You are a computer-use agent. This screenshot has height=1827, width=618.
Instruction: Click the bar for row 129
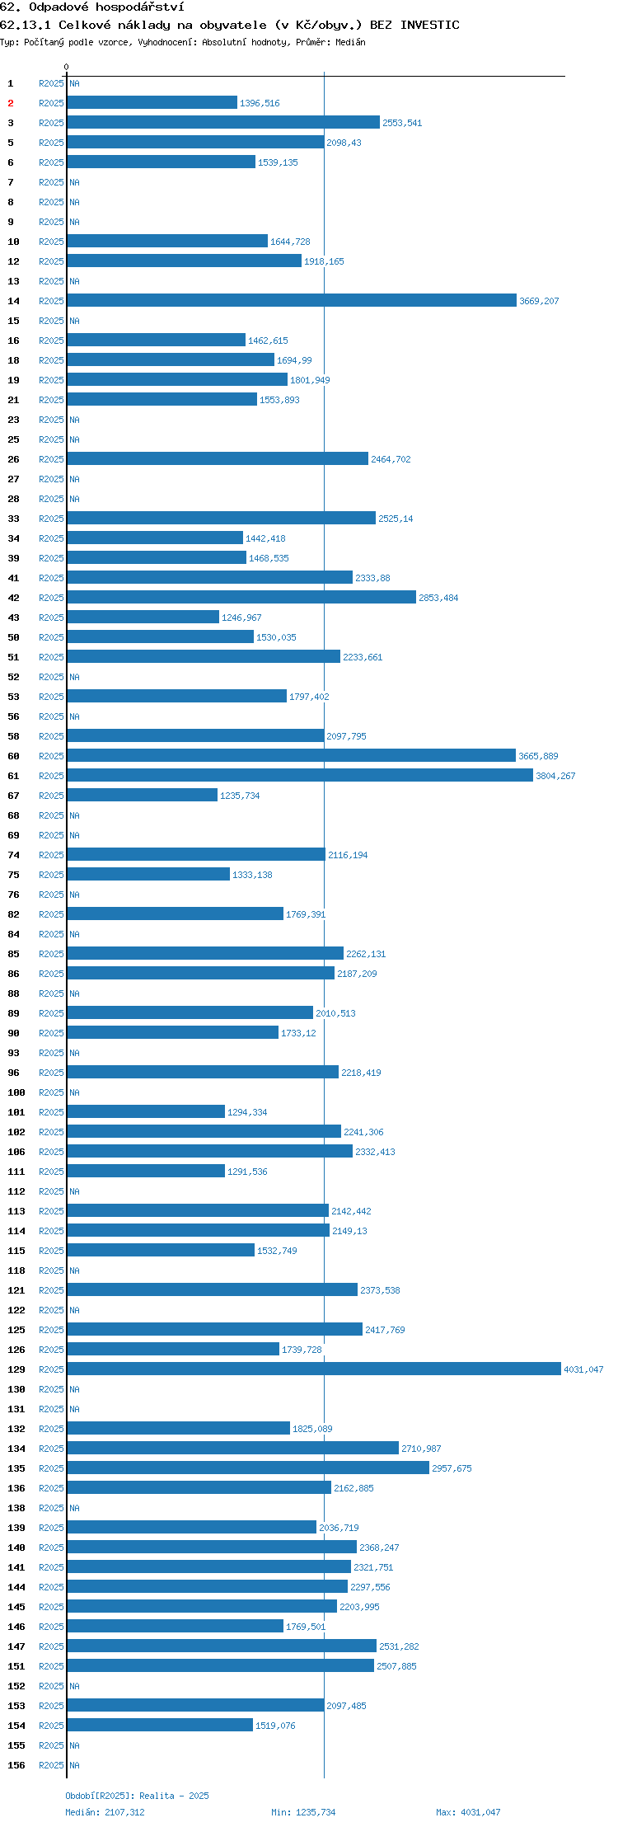pyautogui.click(x=314, y=1369)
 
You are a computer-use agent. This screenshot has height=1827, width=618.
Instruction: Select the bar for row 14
pyautogui.click(x=292, y=300)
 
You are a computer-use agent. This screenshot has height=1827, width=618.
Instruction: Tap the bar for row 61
pyautogui.click(x=300, y=775)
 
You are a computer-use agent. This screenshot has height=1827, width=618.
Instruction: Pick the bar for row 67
pyautogui.click(x=143, y=795)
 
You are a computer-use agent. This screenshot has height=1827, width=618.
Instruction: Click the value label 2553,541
pyautogui.click(x=402, y=123)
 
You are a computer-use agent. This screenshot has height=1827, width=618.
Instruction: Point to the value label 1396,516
pyautogui.click(x=260, y=103)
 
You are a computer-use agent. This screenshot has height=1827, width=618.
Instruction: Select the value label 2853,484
pyautogui.click(x=438, y=598)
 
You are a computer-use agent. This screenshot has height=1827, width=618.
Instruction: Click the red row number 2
pyautogui.click(x=11, y=103)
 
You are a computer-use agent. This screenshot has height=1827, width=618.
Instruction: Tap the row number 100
pyautogui.click(x=16, y=1092)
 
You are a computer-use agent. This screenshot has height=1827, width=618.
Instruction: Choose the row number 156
pyautogui.click(x=16, y=1765)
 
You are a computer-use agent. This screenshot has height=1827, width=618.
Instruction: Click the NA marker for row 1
pyautogui.click(x=74, y=83)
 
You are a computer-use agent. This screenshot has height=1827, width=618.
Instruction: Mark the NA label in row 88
pyautogui.click(x=74, y=993)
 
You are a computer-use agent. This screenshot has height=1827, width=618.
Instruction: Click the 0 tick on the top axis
pyautogui.click(x=67, y=67)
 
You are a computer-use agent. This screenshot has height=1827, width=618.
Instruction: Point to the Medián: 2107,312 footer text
pyautogui.click(x=105, y=1812)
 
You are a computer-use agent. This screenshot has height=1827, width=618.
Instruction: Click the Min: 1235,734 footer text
pyautogui.click(x=303, y=1812)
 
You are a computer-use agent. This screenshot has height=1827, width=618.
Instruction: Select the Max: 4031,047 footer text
pyautogui.click(x=468, y=1812)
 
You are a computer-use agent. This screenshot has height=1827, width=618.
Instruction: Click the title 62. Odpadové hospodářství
pyautogui.click(x=92, y=7)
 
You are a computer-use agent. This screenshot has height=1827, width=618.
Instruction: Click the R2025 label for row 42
pyautogui.click(x=51, y=598)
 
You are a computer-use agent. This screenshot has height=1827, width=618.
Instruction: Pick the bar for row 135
pyautogui.click(x=248, y=1468)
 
